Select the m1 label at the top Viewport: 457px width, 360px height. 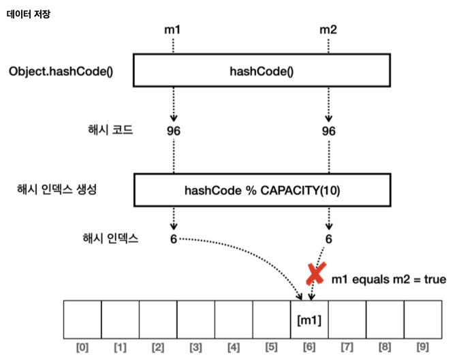click(x=173, y=30)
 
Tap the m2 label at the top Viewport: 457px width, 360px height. click(x=328, y=30)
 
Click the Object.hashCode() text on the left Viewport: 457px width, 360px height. click(x=61, y=71)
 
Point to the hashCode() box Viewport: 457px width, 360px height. click(x=262, y=71)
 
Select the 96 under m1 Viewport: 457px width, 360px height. click(x=173, y=130)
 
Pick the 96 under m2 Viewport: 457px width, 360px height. click(x=328, y=130)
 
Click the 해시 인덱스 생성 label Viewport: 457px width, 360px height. click(x=57, y=190)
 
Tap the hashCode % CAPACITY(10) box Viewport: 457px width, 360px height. click(x=262, y=190)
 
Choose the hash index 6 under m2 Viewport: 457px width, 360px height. click(x=328, y=239)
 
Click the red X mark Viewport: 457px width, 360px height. click(x=315, y=273)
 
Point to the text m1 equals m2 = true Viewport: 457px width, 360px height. click(x=388, y=280)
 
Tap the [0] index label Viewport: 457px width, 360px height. click(x=82, y=348)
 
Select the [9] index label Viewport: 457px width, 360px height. click(x=423, y=348)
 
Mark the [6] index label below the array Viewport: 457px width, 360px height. click(x=309, y=348)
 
